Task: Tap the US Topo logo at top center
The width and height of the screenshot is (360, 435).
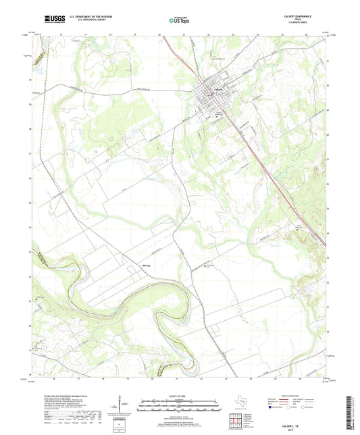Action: coord(177,22)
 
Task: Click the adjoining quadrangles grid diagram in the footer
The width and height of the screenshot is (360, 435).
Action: coord(237,419)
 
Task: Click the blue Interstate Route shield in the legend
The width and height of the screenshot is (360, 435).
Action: coord(271,408)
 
